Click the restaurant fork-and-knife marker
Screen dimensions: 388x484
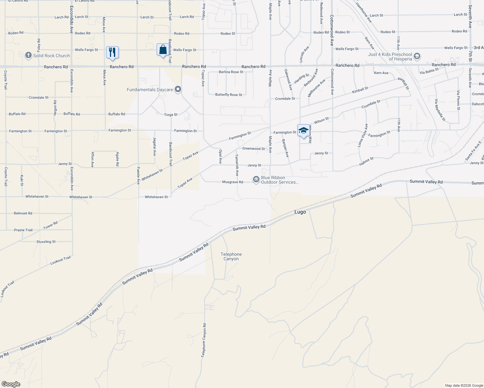coord(112,52)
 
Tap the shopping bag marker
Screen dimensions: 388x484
coord(163,50)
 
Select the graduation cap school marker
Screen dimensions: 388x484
coord(303,130)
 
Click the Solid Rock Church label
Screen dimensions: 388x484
coord(51,56)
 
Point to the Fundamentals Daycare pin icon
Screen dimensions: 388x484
coord(178,90)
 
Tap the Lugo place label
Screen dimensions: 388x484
coord(300,212)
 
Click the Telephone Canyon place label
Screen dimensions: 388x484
coord(231,257)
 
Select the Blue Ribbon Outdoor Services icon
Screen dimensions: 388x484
coord(256,179)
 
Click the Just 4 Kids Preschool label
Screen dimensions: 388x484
coord(390,57)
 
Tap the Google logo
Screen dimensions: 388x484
coord(11,384)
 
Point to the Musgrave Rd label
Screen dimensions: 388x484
coord(233,182)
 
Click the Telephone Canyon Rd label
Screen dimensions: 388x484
coord(203,340)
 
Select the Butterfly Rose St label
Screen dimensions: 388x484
coord(229,95)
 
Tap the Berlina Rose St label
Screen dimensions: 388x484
coord(231,72)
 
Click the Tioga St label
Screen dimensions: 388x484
coord(171,114)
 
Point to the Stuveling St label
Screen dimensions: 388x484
coord(46,242)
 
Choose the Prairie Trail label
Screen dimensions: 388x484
coord(23,230)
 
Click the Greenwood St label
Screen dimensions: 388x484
coord(254,149)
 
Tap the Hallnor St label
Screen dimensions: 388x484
coord(366,161)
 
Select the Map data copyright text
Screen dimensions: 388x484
coord(464,385)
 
